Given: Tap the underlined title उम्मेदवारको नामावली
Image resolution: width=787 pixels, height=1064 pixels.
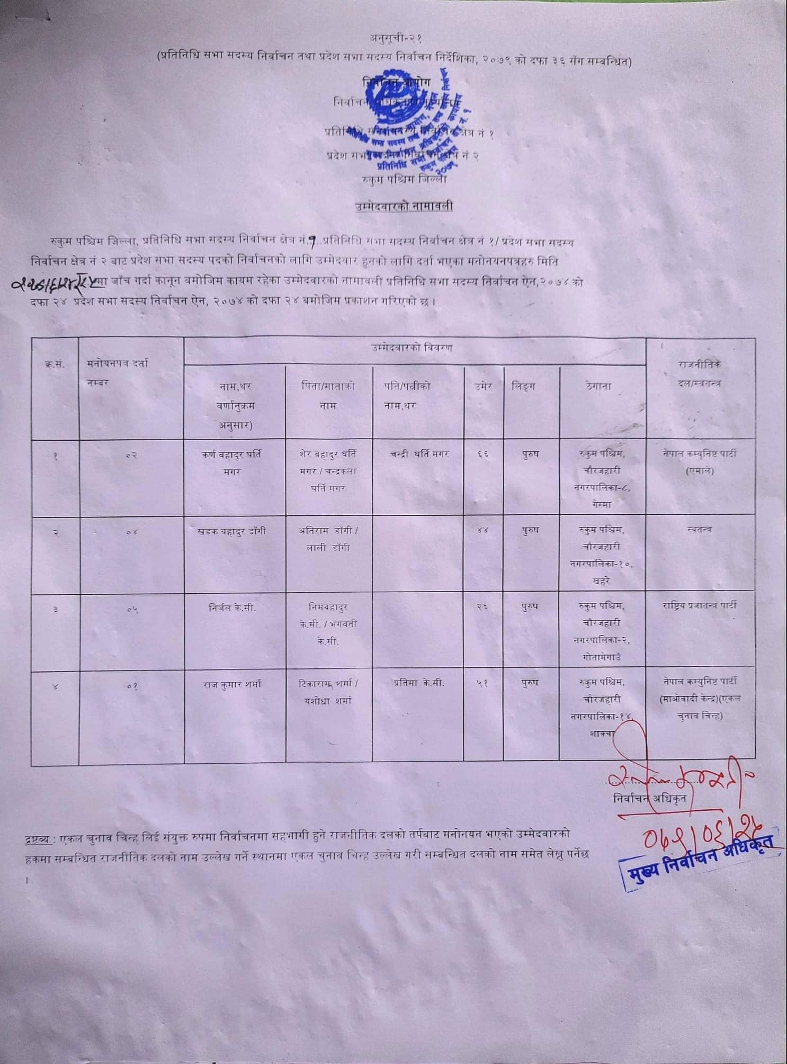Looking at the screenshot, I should pos(404,206).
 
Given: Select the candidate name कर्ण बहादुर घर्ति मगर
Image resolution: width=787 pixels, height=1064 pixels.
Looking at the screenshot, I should pos(231,462).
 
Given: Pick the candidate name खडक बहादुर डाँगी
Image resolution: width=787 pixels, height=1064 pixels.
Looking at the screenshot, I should pos(231,531).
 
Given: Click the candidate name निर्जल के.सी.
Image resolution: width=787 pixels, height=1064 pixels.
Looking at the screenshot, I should pos(231,607).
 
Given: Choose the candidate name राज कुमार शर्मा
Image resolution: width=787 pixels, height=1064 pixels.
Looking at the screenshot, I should pos(231,684).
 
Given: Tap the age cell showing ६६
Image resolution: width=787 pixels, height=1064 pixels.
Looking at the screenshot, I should pos(482,454).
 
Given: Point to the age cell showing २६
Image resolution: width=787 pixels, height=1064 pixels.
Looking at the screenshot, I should pos(482,607).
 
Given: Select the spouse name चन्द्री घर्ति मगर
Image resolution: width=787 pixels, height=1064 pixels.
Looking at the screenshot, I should pos(419,454).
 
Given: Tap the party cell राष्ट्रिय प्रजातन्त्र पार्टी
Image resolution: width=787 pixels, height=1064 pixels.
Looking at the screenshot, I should pos(699,605).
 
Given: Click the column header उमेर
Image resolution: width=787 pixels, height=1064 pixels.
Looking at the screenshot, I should pos(483,386).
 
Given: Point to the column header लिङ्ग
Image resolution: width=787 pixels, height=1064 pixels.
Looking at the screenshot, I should pos(523,386).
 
